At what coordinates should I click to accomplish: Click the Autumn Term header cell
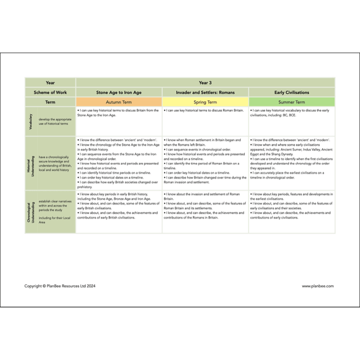click(119, 102)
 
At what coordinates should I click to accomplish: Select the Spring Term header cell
click(205, 102)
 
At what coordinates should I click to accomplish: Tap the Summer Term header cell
click(292, 102)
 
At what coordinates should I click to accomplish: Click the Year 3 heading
click(205, 83)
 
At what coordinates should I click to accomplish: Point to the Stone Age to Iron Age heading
click(119, 93)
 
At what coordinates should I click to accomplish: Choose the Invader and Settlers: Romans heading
click(205, 93)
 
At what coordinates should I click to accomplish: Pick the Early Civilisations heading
click(292, 93)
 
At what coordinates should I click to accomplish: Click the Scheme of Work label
click(50, 93)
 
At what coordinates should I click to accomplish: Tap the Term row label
click(50, 102)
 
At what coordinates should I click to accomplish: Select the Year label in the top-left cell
click(50, 83)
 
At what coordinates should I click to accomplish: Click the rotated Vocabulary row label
click(31, 121)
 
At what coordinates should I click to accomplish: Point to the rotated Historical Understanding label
click(31, 163)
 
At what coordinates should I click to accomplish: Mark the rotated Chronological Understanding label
click(31, 212)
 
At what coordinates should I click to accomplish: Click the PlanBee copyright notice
click(60, 286)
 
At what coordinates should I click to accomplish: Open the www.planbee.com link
click(318, 286)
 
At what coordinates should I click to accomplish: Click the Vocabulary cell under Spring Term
click(205, 121)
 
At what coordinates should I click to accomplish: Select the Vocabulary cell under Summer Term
click(292, 121)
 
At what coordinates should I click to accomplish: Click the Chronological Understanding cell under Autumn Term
click(119, 212)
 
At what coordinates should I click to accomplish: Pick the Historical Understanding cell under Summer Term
click(292, 163)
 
